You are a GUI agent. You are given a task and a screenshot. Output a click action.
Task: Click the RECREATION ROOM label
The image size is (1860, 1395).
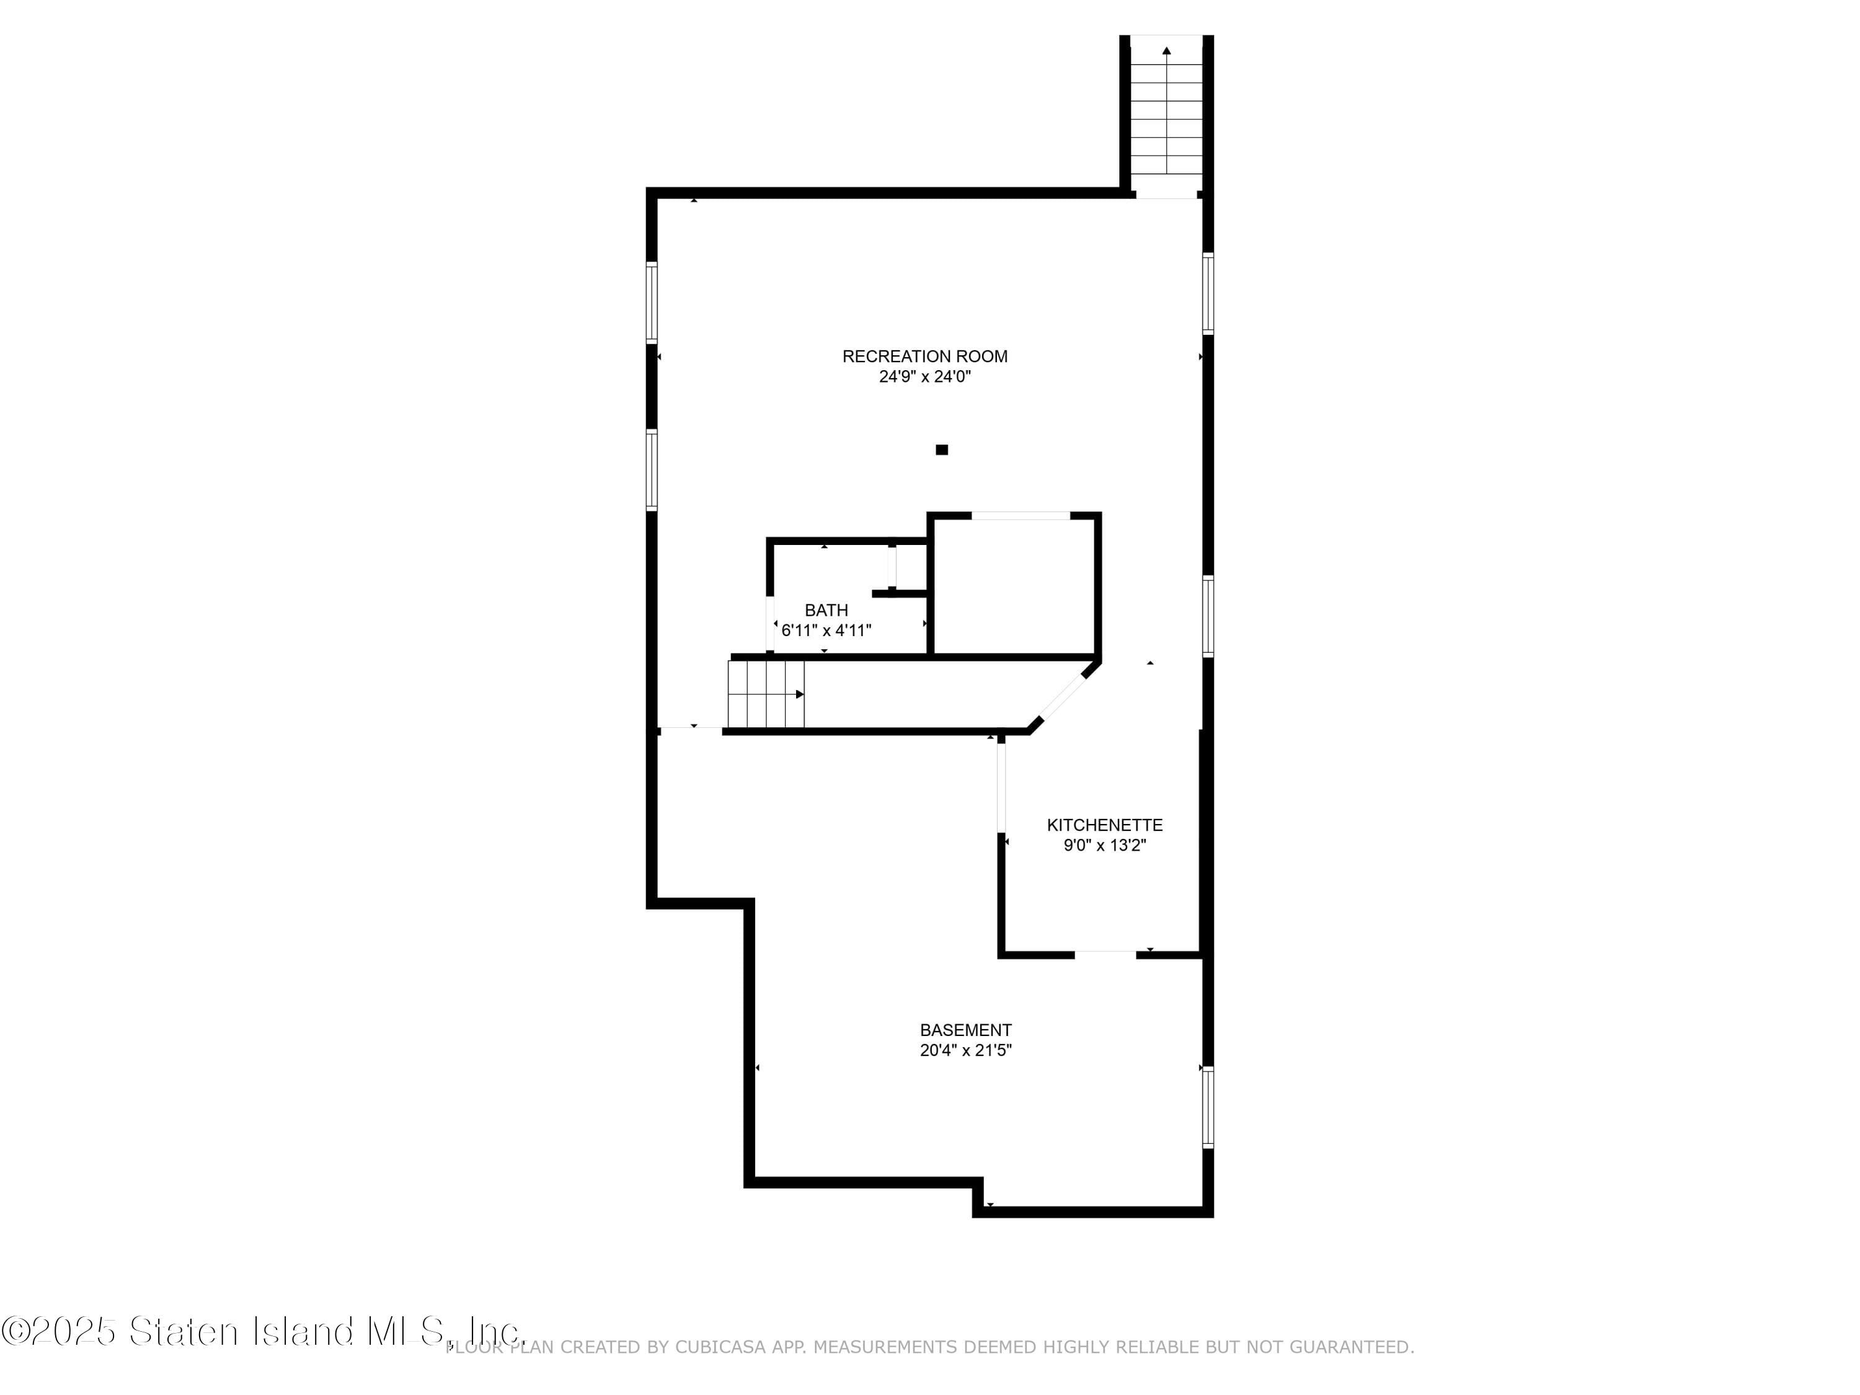coord(924,356)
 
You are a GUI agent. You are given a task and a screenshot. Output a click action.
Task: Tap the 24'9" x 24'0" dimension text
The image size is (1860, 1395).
coord(924,378)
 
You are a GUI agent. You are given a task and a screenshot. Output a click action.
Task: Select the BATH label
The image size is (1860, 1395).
coord(826,611)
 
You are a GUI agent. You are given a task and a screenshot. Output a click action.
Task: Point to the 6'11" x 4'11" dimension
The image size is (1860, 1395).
coord(826,631)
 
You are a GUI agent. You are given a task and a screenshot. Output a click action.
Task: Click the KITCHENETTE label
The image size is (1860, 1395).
coord(1104,826)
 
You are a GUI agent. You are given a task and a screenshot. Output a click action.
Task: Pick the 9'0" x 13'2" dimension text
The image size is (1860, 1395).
coord(1104,846)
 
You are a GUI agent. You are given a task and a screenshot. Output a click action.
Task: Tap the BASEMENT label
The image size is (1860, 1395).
coord(965,1030)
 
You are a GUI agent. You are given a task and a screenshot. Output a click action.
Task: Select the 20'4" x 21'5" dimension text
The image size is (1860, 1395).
coord(965,1050)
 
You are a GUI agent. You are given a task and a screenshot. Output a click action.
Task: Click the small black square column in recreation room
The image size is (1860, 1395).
coord(942,450)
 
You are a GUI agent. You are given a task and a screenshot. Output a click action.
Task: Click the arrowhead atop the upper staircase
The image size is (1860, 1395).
coord(1166,50)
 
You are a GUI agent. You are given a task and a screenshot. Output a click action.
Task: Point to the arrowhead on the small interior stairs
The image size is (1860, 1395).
coord(800,694)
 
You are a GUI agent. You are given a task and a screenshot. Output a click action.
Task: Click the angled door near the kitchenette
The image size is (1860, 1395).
coord(1062,694)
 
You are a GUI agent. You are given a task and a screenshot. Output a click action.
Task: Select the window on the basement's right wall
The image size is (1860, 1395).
coord(1208,1107)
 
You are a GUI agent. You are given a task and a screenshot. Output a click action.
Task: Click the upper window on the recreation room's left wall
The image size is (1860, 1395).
coord(652,303)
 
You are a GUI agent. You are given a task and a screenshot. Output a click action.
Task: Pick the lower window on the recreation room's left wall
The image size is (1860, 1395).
coord(652,470)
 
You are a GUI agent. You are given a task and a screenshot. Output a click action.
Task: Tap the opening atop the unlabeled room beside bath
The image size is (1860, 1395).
coord(1020,515)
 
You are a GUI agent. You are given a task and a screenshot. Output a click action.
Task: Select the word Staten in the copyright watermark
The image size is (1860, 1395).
coord(184,1331)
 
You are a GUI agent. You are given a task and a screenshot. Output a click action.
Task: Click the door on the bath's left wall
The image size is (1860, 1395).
coord(770,623)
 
